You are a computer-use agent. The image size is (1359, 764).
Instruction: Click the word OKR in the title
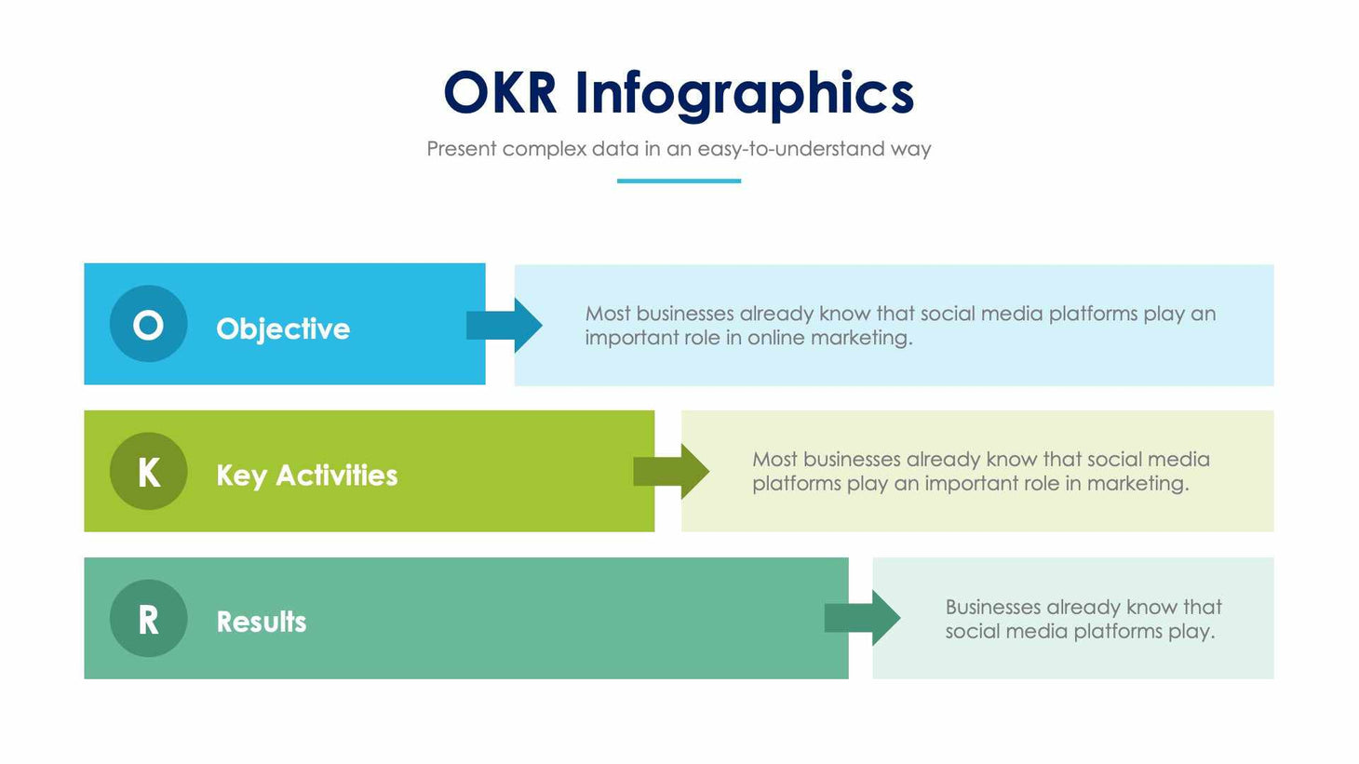pyautogui.click(x=500, y=93)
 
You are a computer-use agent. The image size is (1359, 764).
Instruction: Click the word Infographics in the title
pyautogui.click(x=744, y=95)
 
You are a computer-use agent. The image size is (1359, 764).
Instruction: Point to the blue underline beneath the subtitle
pyautogui.click(x=679, y=181)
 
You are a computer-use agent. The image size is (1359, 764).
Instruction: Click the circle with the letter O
pyautogui.click(x=148, y=325)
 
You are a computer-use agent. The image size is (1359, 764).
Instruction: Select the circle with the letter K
pyautogui.click(x=148, y=472)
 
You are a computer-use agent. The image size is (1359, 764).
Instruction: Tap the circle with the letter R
pyautogui.click(x=148, y=619)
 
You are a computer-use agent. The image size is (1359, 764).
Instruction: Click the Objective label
pyautogui.click(x=283, y=328)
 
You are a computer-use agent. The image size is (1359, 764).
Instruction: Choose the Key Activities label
pyautogui.click(x=306, y=476)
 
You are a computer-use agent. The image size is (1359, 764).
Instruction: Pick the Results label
pyautogui.click(x=262, y=622)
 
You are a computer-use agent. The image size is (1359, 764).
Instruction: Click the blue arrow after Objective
pyautogui.click(x=505, y=325)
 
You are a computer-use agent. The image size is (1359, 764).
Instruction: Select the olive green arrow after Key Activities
pyautogui.click(x=672, y=472)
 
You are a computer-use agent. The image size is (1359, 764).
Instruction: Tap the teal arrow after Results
pyautogui.click(x=863, y=618)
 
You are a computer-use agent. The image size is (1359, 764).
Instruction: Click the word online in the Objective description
pyautogui.click(x=775, y=338)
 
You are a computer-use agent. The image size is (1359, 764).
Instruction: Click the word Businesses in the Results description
pyautogui.click(x=992, y=608)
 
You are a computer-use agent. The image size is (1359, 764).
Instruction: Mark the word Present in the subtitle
pyautogui.click(x=462, y=149)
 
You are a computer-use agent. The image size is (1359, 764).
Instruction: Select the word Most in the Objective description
pyautogui.click(x=607, y=314)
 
